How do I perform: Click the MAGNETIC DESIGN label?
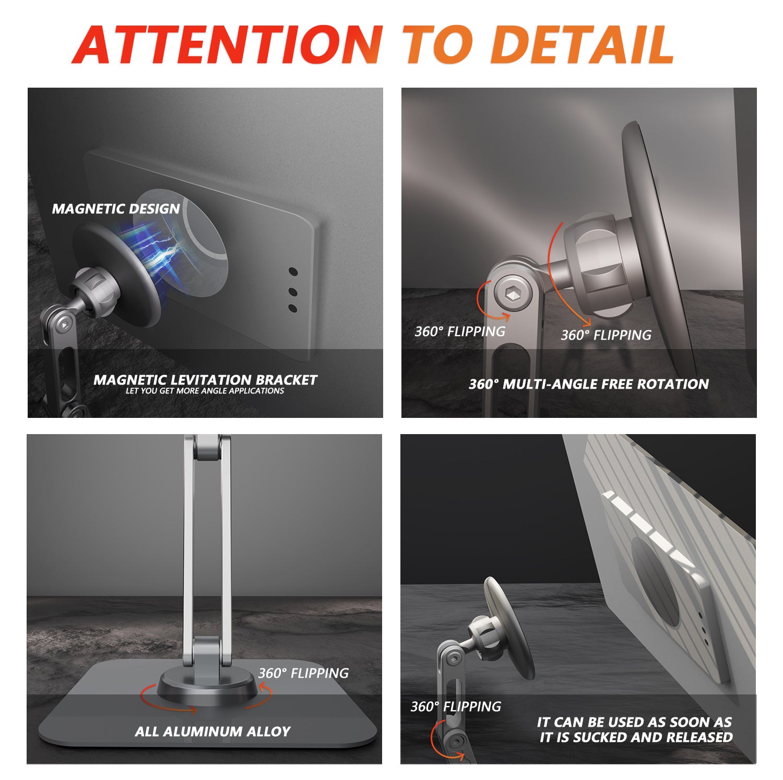(x=116, y=209)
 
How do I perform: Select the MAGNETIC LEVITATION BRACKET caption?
(x=205, y=379)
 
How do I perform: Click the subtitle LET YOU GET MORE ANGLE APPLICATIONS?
(x=205, y=391)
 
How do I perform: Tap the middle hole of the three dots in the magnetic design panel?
(x=292, y=291)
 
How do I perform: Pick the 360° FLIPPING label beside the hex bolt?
(x=460, y=331)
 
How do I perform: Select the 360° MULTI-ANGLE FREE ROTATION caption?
(x=589, y=384)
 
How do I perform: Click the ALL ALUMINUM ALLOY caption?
(x=212, y=731)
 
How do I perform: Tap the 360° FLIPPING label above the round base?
(x=303, y=673)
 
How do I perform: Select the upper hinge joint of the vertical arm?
(x=207, y=448)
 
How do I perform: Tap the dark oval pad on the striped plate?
(x=655, y=582)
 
